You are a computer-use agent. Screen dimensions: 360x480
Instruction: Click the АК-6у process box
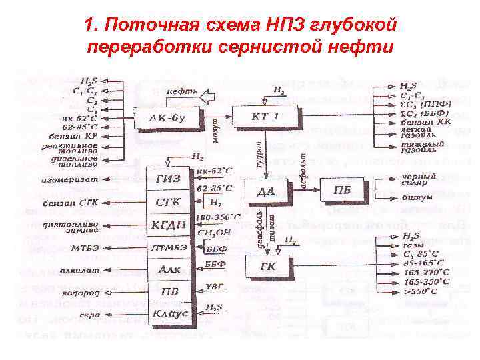[x=161, y=119]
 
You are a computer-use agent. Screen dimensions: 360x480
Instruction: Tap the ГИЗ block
[x=169, y=178]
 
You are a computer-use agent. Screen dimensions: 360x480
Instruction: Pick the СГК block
[x=169, y=201]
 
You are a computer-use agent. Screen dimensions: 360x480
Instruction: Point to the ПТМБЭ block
[x=169, y=247]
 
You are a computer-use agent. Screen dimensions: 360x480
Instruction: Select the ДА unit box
[x=265, y=191]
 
